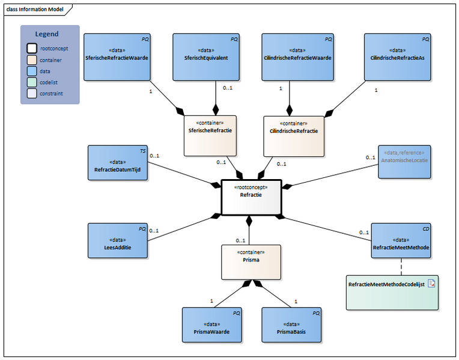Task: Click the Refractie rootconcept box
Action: coord(251,197)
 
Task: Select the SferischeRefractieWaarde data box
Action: coord(117,57)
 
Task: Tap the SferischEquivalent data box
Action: coord(206,57)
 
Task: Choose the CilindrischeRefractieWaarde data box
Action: coord(297,57)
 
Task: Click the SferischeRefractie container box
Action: coord(210,136)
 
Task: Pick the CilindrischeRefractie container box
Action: coord(290,136)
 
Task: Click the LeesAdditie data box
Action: coord(117,240)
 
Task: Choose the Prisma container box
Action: coord(251,261)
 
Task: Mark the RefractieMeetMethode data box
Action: coord(401,240)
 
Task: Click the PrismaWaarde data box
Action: coord(212,325)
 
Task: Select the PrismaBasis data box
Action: coord(291,325)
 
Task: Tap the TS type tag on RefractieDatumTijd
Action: coord(143,150)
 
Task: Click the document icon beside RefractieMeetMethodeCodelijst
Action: coord(431,283)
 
